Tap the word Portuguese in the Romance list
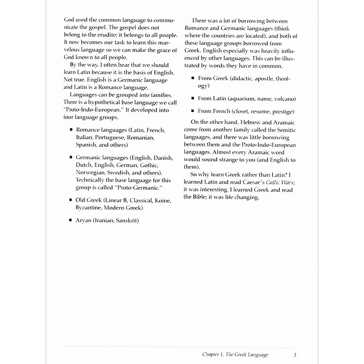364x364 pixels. [110, 138]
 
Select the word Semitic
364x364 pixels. [286, 130]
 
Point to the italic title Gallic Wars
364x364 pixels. [280, 182]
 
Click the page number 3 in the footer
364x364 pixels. [295, 355]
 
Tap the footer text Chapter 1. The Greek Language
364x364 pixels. [235, 355]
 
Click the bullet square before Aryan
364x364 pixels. [71, 220]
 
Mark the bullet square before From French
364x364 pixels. [193, 111]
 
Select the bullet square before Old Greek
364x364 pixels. [71, 200]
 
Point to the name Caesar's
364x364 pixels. [254, 182]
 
